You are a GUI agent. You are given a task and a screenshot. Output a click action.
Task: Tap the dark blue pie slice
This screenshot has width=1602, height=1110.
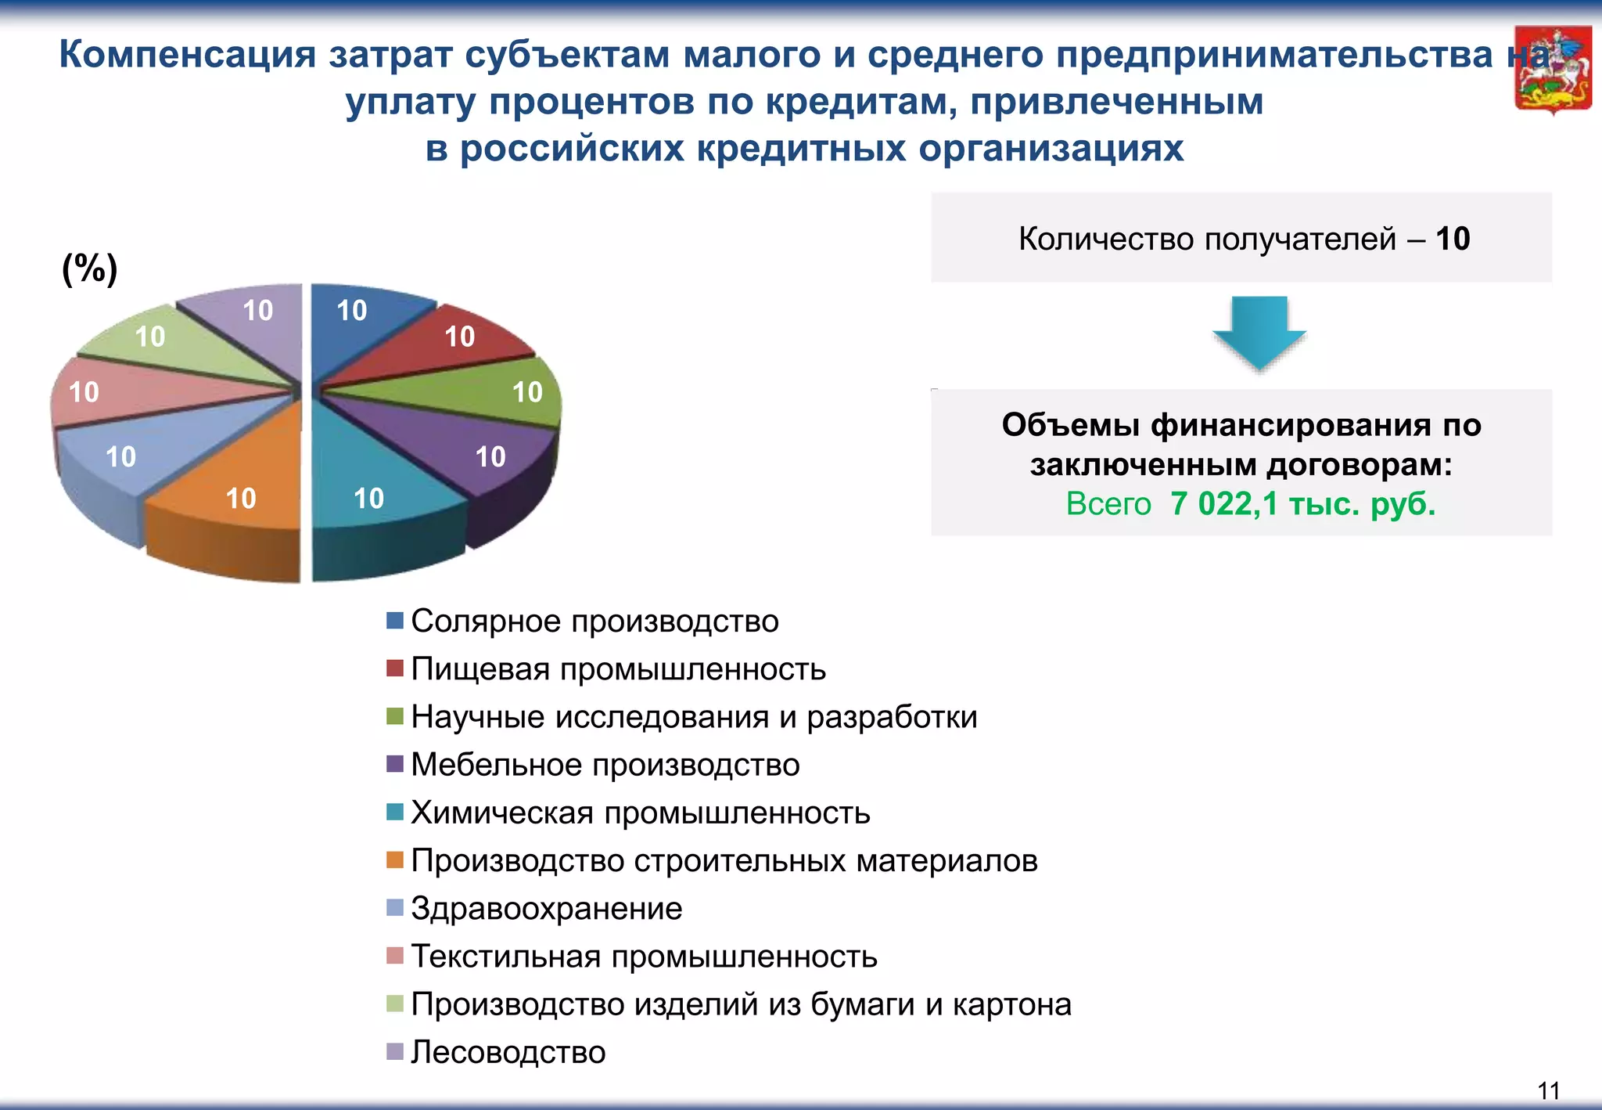point(360,321)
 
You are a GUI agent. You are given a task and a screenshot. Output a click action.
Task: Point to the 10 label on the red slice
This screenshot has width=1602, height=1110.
point(460,337)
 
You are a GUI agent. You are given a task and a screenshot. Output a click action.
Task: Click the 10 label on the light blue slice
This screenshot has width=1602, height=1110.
point(120,456)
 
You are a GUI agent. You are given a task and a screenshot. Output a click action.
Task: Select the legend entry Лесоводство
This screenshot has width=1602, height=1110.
point(508,1052)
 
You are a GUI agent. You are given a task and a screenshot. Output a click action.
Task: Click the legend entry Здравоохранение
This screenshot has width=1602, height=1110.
point(546,909)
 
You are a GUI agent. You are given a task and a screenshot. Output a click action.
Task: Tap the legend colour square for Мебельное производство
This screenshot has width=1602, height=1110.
point(395,764)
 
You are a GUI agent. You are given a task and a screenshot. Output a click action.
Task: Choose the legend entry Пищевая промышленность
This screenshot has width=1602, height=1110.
point(618,669)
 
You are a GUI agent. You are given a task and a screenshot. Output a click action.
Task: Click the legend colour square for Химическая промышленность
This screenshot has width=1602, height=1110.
point(395,813)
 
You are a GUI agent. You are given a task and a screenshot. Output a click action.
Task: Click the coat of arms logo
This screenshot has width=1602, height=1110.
point(1553,70)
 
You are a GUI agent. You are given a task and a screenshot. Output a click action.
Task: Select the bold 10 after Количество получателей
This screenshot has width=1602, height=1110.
point(1453,239)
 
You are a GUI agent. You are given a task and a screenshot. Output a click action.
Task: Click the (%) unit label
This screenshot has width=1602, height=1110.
point(90,268)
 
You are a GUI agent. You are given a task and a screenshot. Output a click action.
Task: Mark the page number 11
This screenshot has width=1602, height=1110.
point(1548,1090)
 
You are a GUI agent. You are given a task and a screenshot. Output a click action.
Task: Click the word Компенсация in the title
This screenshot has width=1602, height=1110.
point(188,55)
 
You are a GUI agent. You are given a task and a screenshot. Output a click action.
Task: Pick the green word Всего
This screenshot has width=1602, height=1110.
point(1108,504)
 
